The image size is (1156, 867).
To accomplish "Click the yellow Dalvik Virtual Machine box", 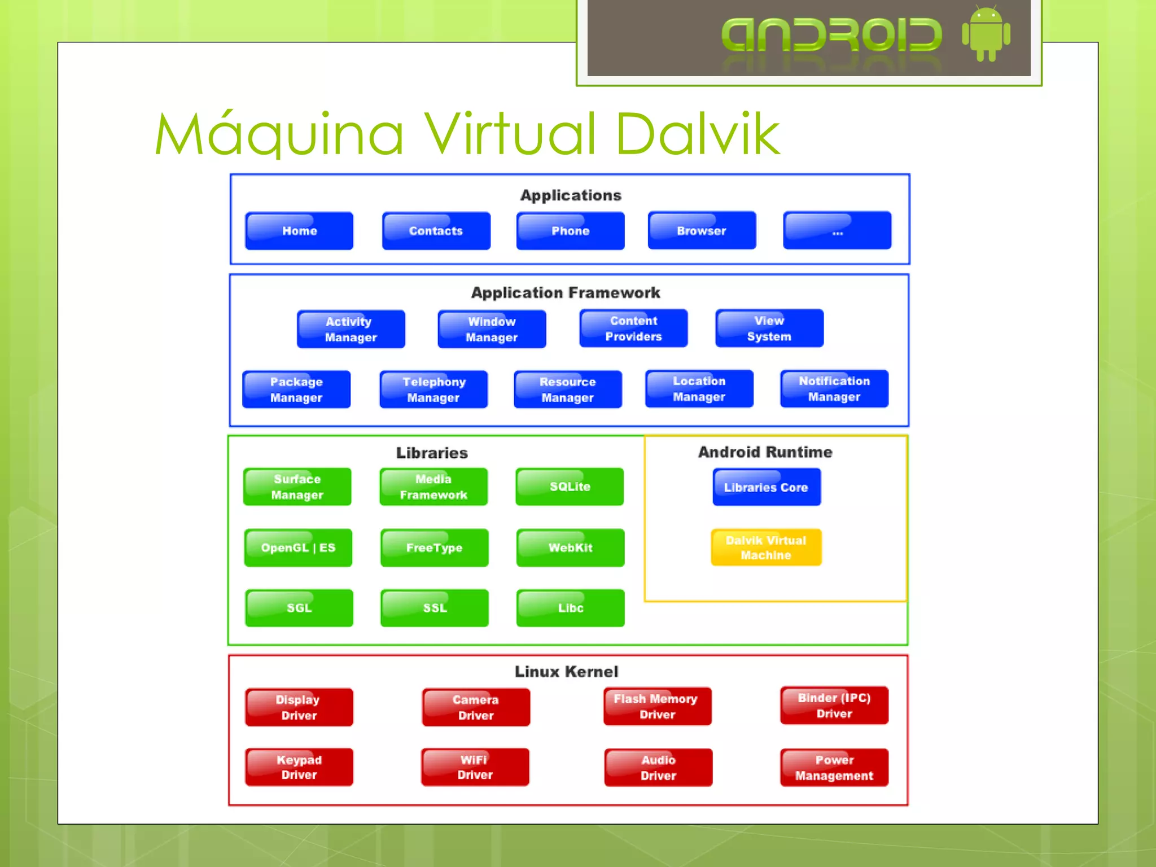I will click(766, 547).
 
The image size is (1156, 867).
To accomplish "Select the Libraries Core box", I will click(766, 487).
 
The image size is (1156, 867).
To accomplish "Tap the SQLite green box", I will click(570, 486).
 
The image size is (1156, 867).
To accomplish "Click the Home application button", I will click(299, 230).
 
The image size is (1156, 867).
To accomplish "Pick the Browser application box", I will click(702, 230).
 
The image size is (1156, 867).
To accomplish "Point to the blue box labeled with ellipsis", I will click(837, 230).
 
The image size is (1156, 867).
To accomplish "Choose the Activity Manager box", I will click(351, 329).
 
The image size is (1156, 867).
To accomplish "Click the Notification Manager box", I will click(834, 388).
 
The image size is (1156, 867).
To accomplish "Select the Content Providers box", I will click(633, 328).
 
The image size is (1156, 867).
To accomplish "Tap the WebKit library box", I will click(570, 547).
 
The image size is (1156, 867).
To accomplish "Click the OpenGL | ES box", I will click(298, 547).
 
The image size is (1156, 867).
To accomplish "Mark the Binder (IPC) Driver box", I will click(834, 705).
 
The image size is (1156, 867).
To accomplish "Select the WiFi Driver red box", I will click(475, 767).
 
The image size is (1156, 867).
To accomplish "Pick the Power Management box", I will click(834, 767).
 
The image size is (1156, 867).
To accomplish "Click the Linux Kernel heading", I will click(566, 671).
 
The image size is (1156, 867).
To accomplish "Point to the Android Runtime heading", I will click(765, 452).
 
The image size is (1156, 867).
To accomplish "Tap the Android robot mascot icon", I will click(986, 34).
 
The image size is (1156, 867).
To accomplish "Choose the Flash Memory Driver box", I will click(657, 706).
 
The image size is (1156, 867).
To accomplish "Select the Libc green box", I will click(570, 607).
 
